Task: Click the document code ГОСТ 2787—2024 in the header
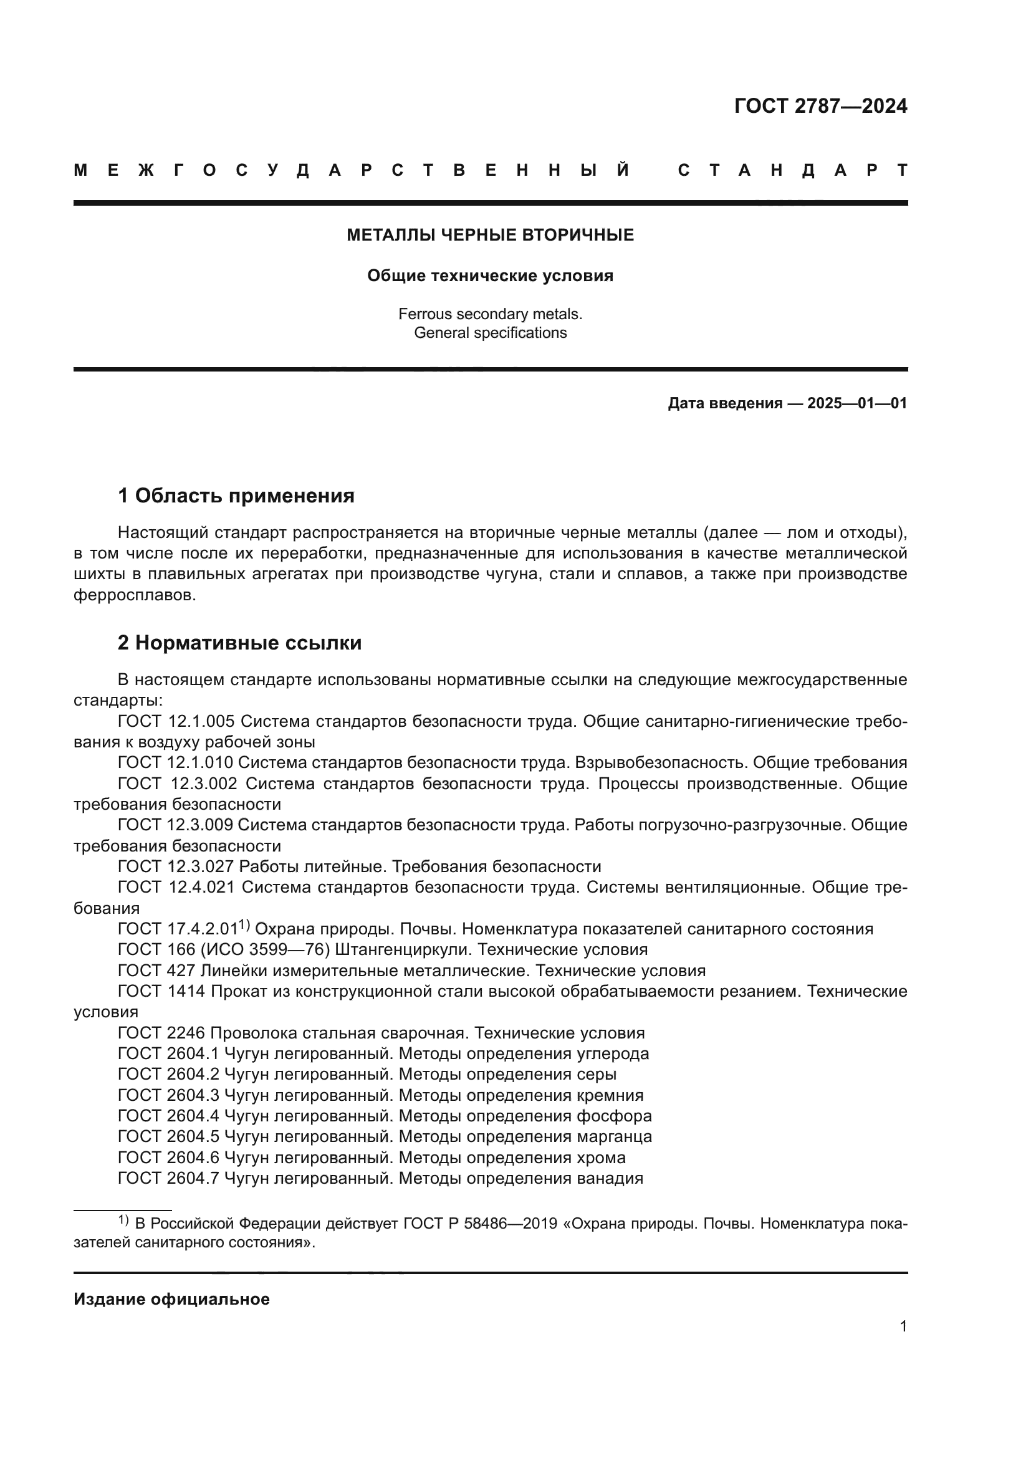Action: pyautogui.click(x=820, y=106)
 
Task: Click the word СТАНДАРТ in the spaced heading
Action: pyautogui.click(x=792, y=170)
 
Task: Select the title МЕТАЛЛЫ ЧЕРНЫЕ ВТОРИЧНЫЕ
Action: pyautogui.click(x=490, y=235)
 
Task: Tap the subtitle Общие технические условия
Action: pyautogui.click(x=490, y=276)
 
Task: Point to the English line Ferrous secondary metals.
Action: pyautogui.click(x=490, y=314)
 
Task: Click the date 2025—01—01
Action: pyautogui.click(x=856, y=403)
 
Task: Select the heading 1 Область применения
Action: pyautogui.click(x=236, y=496)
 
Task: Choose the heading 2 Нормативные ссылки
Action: pyautogui.click(x=239, y=643)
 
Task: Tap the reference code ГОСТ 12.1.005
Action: pyautogui.click(x=176, y=721)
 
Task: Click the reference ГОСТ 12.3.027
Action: pyautogui.click(x=176, y=867)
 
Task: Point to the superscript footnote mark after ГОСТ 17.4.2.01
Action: pyautogui.click(x=244, y=925)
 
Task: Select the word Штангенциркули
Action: pyautogui.click(x=402, y=950)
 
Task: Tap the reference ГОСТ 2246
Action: pyautogui.click(x=161, y=1033)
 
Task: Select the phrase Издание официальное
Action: pyautogui.click(x=171, y=1299)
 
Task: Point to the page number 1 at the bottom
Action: pyautogui.click(x=903, y=1326)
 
